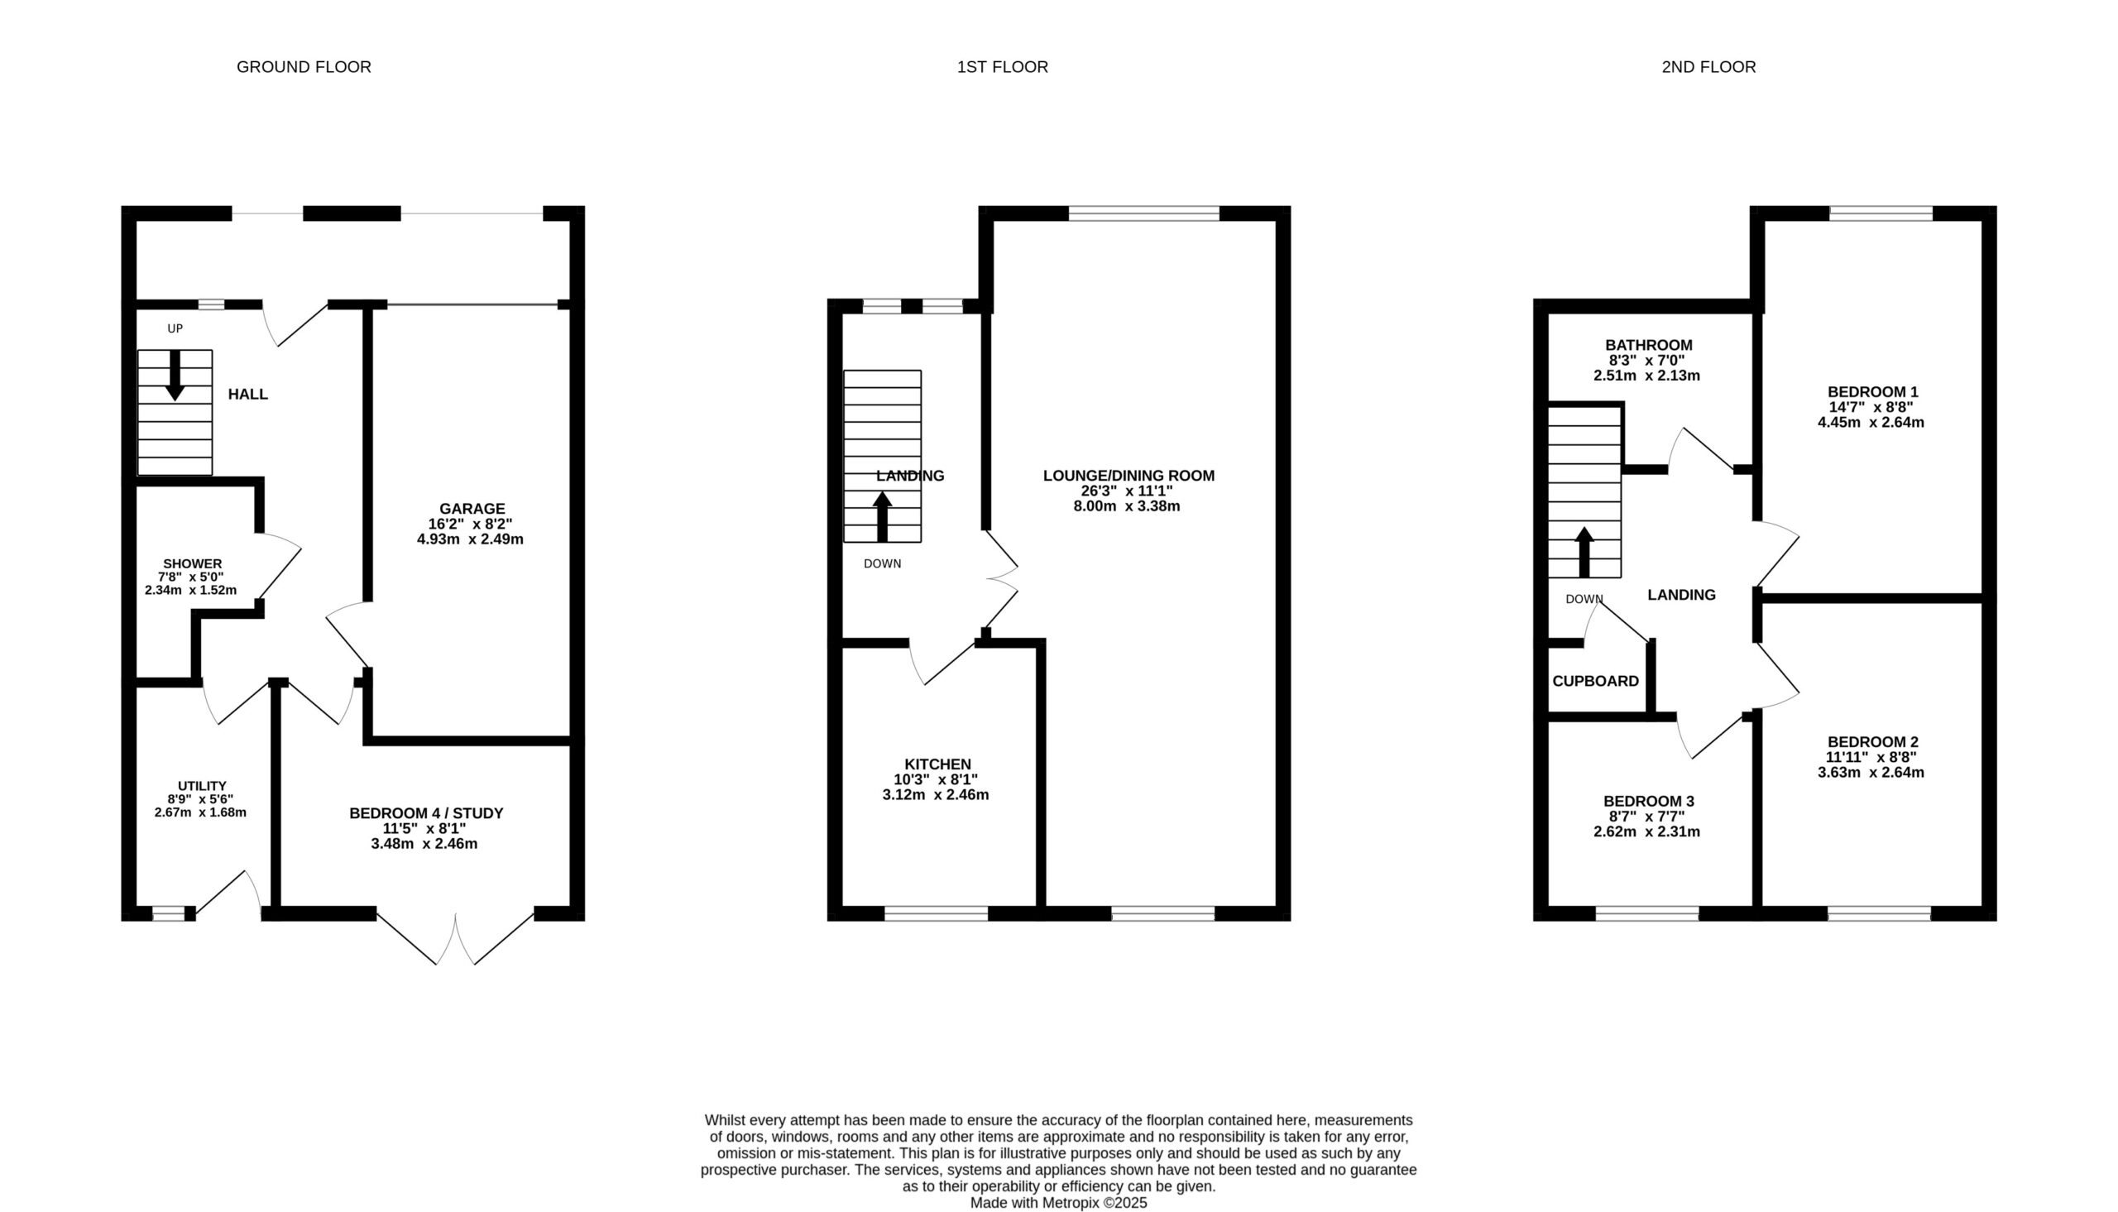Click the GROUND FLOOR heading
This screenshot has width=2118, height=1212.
point(304,66)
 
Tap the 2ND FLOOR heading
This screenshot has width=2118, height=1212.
point(1708,66)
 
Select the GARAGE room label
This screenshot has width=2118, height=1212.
point(472,509)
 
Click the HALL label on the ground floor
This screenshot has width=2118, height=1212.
point(248,394)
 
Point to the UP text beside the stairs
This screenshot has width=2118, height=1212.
point(175,328)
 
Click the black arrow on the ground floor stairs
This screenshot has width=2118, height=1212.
point(175,376)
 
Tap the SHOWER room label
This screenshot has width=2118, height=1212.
point(192,563)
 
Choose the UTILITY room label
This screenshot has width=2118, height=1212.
point(201,786)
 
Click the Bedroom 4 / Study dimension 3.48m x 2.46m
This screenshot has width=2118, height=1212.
point(424,843)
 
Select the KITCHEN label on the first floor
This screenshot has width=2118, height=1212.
point(937,764)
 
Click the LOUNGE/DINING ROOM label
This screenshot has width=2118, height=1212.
point(1128,476)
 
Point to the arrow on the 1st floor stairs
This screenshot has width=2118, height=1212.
point(882,517)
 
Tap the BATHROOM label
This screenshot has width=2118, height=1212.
point(1649,345)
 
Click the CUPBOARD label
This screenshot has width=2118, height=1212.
point(1595,681)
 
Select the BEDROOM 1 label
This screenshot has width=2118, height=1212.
point(1872,391)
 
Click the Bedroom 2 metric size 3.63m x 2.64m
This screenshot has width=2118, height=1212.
point(1871,772)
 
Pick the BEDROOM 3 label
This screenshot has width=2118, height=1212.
point(1649,801)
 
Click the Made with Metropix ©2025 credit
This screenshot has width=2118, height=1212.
point(1058,1203)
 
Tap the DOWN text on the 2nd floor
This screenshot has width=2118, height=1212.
point(1584,599)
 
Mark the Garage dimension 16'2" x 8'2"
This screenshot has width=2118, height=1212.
point(470,524)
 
